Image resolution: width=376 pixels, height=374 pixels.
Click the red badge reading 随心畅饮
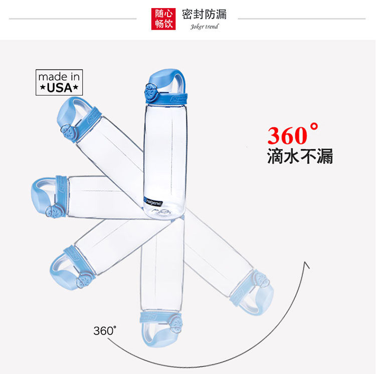[x=163, y=19]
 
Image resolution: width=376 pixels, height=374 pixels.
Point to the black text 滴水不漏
[x=300, y=157]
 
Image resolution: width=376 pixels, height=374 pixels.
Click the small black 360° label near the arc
[x=105, y=331]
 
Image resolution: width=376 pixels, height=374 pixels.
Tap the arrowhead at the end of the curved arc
[x=306, y=265]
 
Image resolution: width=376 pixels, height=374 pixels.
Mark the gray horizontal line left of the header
[x=73, y=19]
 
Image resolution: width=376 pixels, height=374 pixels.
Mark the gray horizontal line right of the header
[x=301, y=19]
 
